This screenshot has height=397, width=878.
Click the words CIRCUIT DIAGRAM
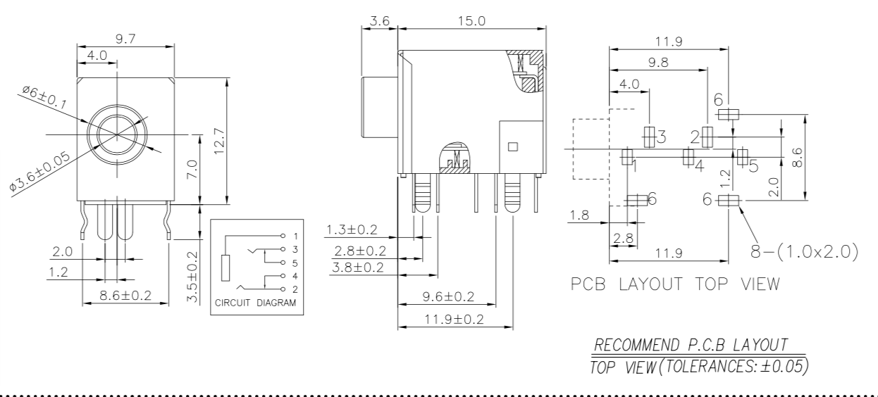pyautogui.click(x=257, y=304)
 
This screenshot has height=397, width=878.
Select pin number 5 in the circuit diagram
pyautogui.click(x=296, y=263)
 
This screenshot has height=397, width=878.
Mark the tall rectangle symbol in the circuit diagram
pyautogui.click(x=225, y=269)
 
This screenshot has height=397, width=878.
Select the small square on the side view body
pyautogui.click(x=513, y=146)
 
